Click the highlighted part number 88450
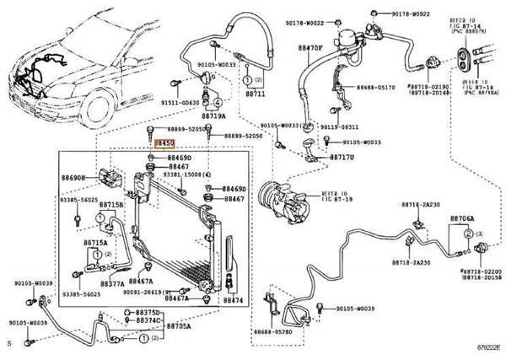click(x=164, y=144)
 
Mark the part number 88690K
click(x=73, y=179)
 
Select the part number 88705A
click(x=176, y=326)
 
